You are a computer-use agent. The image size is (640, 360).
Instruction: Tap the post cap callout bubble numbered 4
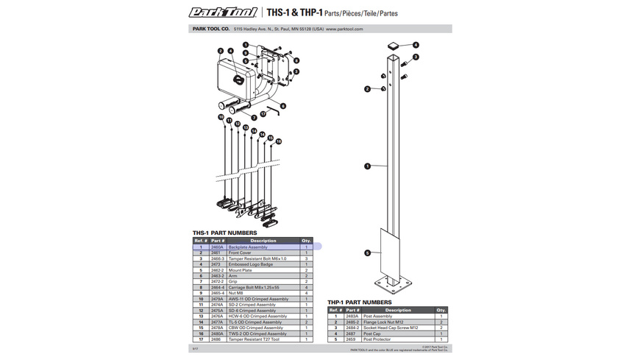click(x=416, y=45)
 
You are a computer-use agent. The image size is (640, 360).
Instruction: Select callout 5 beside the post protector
click(x=367, y=253)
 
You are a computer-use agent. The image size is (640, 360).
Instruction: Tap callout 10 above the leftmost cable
click(x=221, y=118)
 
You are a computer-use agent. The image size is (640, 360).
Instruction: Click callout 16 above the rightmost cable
click(x=279, y=141)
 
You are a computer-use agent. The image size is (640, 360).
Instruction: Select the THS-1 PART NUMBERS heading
click(x=224, y=233)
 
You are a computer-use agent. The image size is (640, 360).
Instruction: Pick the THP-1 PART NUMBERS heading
click(x=360, y=302)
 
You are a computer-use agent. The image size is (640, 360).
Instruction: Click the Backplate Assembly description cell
click(x=248, y=247)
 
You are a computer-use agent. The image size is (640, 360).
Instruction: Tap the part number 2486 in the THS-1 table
click(x=216, y=339)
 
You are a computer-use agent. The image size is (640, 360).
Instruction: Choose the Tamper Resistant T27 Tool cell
click(x=255, y=339)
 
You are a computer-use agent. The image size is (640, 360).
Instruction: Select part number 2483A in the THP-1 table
click(x=352, y=316)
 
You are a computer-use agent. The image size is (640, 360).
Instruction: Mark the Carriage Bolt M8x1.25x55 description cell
click(x=255, y=287)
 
